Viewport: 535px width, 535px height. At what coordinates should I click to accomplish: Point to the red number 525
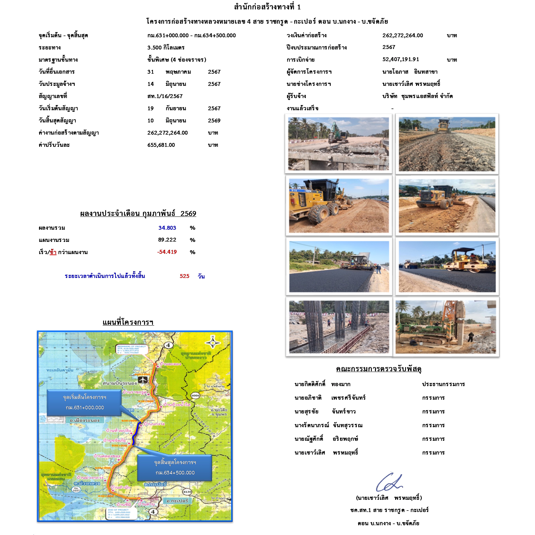(184, 276)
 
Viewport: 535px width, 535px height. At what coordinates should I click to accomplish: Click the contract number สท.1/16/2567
(165, 96)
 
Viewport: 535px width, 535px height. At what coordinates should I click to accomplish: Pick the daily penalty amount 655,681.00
(161, 145)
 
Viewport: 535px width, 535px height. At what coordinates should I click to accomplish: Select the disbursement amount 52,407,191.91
(401, 59)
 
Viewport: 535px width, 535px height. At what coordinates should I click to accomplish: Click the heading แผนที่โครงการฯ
(128, 322)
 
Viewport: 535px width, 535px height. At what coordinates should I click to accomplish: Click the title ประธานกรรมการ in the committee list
(443, 384)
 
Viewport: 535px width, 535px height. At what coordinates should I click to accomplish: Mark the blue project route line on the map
(135, 433)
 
